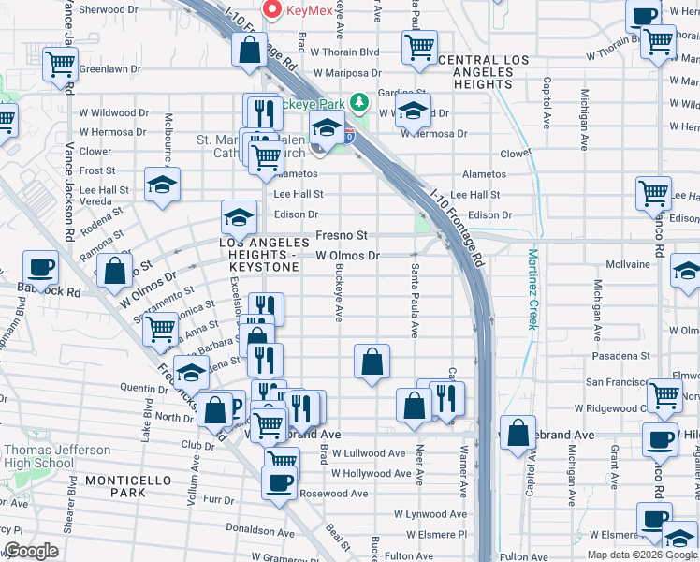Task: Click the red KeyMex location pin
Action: click(274, 10)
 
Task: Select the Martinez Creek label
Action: click(532, 288)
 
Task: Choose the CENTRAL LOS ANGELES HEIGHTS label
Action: click(483, 72)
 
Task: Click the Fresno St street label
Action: click(342, 235)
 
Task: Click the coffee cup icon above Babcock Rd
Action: click(40, 267)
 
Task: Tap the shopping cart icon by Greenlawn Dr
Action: click(60, 65)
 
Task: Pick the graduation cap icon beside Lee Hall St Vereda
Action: click(161, 185)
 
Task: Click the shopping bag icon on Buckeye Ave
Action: click(372, 361)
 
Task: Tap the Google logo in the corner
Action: click(31, 552)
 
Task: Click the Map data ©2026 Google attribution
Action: click(642, 555)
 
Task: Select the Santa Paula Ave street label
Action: click(414, 301)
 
